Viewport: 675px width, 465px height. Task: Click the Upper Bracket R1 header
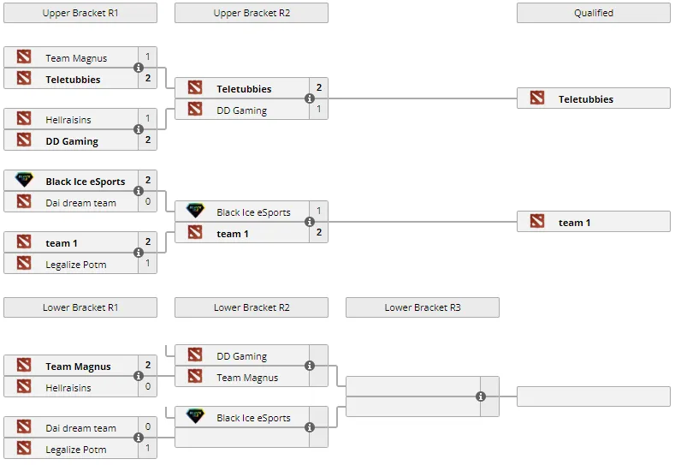coord(80,13)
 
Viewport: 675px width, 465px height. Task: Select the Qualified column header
coord(593,13)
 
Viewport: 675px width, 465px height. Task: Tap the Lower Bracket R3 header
coord(423,307)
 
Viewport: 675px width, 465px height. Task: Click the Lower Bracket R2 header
coord(252,307)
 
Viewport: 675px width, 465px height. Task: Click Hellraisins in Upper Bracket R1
coord(68,120)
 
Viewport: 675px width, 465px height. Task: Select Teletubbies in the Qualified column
coord(585,99)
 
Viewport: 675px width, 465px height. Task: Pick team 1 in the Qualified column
coord(574,223)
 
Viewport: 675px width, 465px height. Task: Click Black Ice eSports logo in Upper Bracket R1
coord(24,180)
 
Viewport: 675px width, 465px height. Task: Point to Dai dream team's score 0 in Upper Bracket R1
coord(148,201)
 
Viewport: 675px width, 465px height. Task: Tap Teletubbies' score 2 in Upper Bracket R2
coord(318,87)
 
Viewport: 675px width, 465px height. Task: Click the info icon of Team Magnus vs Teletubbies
coord(139,68)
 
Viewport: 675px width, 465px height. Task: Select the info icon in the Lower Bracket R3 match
coord(481,396)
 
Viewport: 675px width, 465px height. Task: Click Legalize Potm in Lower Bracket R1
coord(76,450)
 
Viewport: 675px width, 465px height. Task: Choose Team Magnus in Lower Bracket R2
coord(247,378)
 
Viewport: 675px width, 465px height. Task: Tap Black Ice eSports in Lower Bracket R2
coord(253,418)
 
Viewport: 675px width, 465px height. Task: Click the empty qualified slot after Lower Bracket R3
coord(593,396)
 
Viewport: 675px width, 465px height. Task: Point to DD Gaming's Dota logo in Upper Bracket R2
coord(195,109)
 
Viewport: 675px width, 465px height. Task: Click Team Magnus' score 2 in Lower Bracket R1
coord(148,365)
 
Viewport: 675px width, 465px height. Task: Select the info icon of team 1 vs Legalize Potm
coord(139,253)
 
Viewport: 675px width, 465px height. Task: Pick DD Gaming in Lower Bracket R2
coord(241,356)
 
